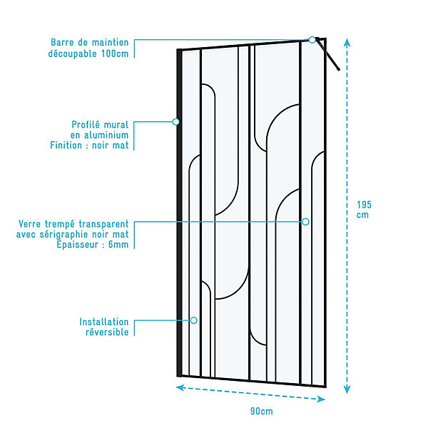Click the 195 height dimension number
tap(364, 205)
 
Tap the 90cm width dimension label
tap(262, 411)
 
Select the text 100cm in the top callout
tap(115, 53)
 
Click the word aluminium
tap(106, 135)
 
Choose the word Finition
tap(66, 145)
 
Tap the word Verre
tap(30, 224)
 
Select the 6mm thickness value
tap(118, 244)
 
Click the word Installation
tap(103, 322)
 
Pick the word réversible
tap(107, 332)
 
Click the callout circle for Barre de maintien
tap(312, 40)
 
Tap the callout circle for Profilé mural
tap(176, 122)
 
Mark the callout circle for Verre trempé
tap(305, 222)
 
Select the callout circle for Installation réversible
tap(193, 320)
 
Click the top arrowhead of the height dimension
tap(347, 42)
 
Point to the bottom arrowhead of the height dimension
tap(347, 389)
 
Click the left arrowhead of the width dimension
tap(180, 387)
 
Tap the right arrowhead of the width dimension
tap(321, 399)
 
